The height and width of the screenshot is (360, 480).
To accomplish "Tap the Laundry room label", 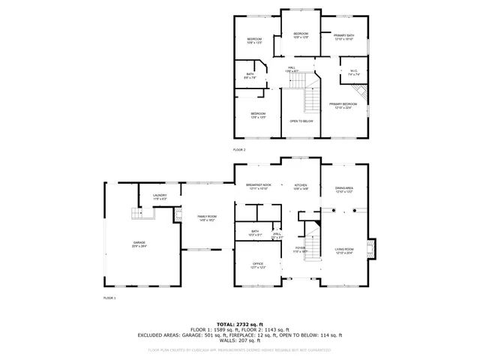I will (160, 196).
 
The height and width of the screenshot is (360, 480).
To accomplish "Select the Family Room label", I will (206, 217).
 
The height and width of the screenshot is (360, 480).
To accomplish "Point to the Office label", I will (258, 265).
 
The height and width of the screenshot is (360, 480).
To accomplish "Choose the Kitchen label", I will (301, 186).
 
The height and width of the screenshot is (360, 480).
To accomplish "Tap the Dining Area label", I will (344, 190).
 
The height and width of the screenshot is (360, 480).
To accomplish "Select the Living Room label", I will (344, 250).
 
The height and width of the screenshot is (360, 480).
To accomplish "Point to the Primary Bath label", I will (344, 37).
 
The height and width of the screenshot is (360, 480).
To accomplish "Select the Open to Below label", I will (301, 121).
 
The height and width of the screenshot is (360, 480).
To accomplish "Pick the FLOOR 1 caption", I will (109, 298).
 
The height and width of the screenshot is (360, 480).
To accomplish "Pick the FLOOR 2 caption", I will (238, 149).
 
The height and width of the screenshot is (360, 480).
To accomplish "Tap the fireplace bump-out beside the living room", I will (373, 248).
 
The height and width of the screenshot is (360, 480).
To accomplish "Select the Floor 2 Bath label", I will (250, 75).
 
